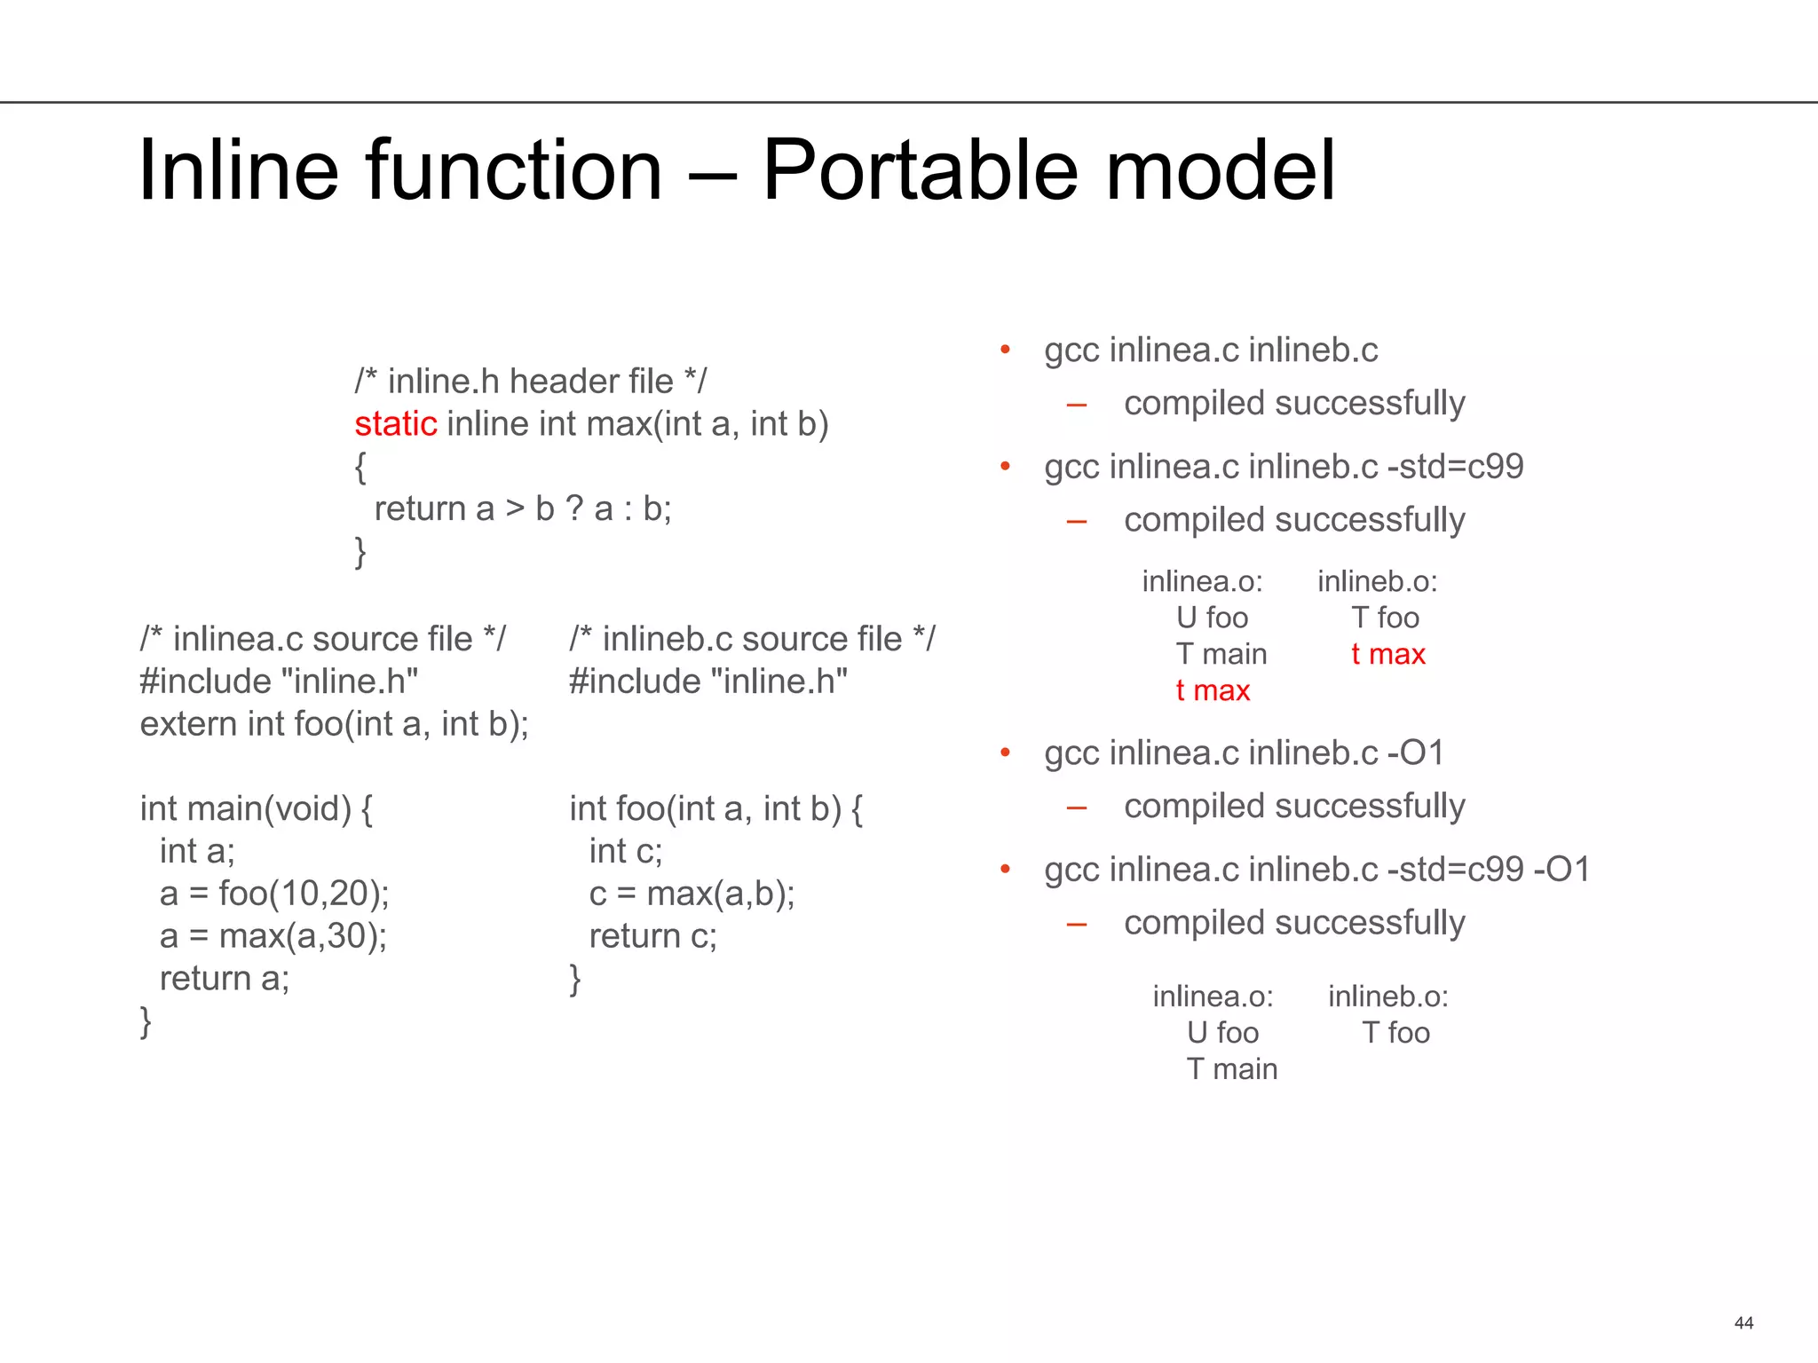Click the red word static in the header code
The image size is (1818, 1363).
tap(396, 424)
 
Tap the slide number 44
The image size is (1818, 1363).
tap(1743, 1323)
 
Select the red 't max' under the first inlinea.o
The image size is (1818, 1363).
tap(1213, 690)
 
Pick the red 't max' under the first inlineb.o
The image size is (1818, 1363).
tap(1388, 654)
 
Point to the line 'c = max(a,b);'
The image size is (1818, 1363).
tap(692, 894)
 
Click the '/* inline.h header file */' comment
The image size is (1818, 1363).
tap(531, 382)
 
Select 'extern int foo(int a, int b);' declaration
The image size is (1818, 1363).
tap(335, 724)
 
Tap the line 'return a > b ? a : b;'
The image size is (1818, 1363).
tap(523, 509)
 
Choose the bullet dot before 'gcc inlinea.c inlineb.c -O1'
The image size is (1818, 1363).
tap(1006, 753)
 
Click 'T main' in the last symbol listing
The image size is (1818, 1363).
tap(1232, 1069)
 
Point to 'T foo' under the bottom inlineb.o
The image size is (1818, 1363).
tap(1396, 1033)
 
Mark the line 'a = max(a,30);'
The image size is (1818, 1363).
tap(273, 936)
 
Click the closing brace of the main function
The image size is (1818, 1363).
tap(146, 1021)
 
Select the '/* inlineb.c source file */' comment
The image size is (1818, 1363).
tap(752, 639)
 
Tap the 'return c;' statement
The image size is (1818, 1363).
tap(653, 936)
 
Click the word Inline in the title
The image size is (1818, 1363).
tap(238, 169)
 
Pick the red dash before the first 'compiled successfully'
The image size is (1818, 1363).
tap(1077, 406)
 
